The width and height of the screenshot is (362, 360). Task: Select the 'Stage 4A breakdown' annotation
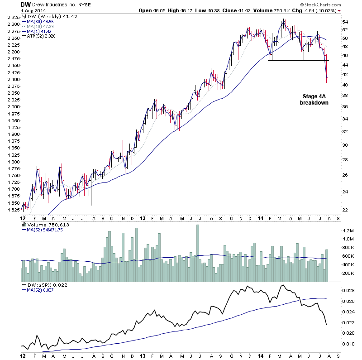(x=314, y=100)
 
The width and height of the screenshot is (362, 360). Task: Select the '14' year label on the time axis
(x=260, y=218)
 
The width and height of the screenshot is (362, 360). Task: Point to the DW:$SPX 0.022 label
(x=42, y=285)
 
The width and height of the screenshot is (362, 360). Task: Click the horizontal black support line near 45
(x=299, y=61)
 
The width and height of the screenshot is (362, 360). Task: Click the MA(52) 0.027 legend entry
(x=38, y=290)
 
